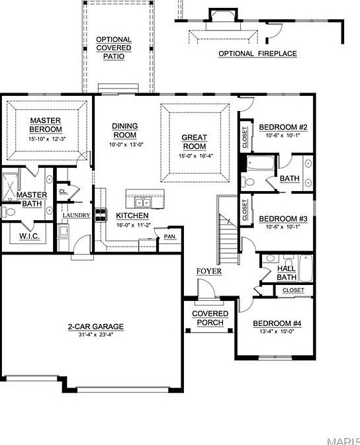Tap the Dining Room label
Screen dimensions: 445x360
124,130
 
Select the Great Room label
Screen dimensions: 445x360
194,142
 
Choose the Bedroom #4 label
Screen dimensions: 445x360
277,323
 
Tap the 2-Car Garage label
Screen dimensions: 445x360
95,326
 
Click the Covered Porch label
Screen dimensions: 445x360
210,318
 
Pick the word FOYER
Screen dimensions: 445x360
208,272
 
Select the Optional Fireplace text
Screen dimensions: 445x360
257,54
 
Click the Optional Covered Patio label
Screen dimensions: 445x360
114,48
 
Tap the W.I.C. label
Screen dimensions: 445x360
30,235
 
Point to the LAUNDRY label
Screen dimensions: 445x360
76,215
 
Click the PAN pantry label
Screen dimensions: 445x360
170,236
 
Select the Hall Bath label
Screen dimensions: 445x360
287,272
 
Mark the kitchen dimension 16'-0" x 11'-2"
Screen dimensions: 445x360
134,225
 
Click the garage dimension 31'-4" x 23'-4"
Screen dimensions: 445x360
95,334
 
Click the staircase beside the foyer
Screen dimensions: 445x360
227,231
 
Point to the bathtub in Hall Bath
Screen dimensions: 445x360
306,268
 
